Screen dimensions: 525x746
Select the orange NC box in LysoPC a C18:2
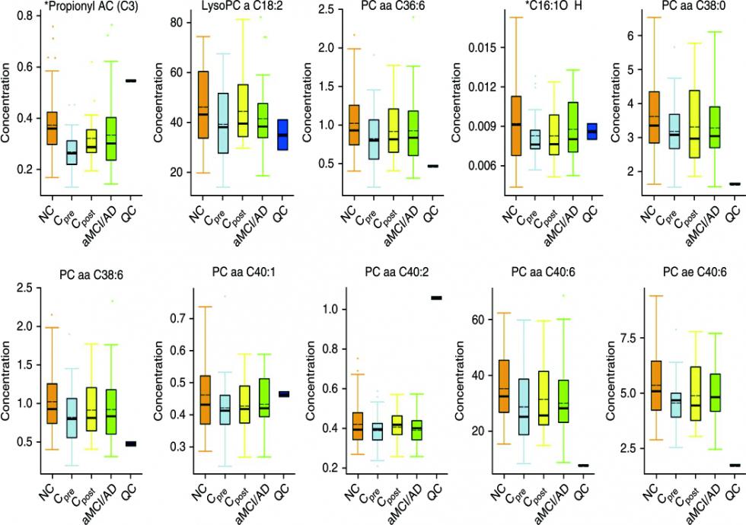click(202, 105)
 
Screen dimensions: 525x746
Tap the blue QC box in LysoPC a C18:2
click(282, 135)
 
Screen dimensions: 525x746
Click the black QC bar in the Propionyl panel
click(131, 80)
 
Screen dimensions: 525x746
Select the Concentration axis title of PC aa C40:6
click(460, 377)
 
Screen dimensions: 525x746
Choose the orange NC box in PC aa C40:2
click(355, 426)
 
